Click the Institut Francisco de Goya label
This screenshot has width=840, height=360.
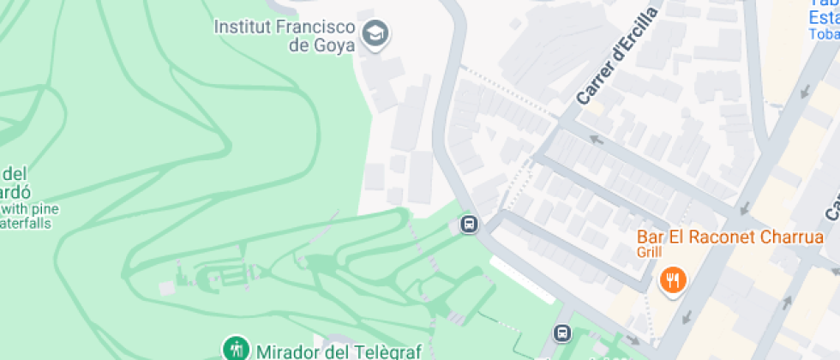point(284,35)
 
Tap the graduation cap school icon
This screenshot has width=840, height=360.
point(375,35)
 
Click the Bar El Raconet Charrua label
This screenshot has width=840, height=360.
point(729,237)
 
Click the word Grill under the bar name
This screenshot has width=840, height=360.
point(650,253)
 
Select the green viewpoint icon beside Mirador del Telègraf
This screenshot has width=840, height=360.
point(234,348)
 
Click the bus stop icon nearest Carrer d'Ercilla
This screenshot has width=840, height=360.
point(468,225)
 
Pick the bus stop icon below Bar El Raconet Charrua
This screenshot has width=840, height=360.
point(562,332)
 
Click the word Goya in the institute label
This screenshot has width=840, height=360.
point(332,45)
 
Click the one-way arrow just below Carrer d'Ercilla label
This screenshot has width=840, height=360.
point(597,139)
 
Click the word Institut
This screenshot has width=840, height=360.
point(242,26)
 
